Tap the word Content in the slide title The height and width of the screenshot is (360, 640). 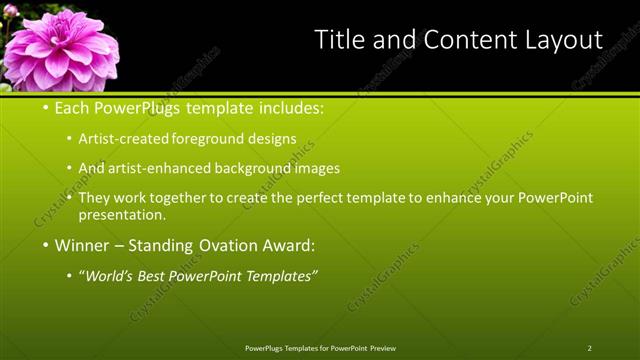(458, 40)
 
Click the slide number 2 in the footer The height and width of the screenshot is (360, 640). (590, 348)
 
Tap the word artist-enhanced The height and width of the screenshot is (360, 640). (164, 169)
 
